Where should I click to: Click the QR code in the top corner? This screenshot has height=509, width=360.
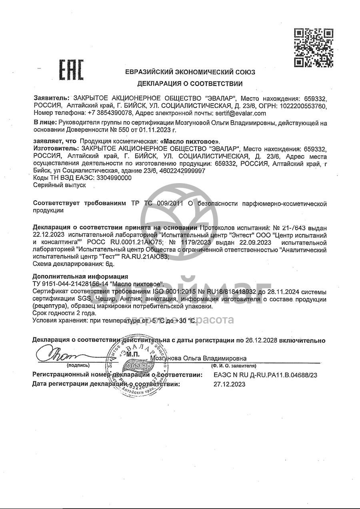coord(314,47)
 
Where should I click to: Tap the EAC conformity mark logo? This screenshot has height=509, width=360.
coord(72,70)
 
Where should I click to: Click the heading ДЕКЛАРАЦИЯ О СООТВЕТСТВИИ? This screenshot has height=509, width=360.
coord(190,84)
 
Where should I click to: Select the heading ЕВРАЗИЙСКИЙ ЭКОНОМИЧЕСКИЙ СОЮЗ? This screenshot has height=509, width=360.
coord(190,72)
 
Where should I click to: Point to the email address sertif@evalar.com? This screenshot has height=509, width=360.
coord(240,113)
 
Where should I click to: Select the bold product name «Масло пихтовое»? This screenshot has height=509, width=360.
coord(190,142)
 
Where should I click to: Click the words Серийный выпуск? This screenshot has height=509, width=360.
coord(54,186)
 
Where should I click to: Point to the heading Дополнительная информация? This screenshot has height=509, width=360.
coord(80,276)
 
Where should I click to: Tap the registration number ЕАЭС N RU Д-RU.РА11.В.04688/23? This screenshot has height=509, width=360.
coord(266,375)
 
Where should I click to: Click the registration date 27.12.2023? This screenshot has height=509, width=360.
coord(230,384)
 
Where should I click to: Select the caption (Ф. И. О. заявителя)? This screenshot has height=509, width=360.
coord(234,365)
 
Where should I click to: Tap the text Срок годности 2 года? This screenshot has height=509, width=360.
coord(64,313)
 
